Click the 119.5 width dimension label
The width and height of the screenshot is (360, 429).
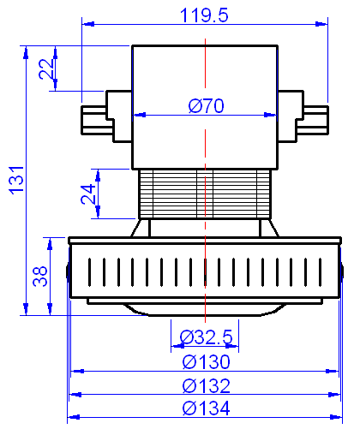tap(204, 15)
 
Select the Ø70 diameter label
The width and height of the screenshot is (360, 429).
tap(206, 106)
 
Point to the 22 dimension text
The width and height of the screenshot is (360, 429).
tap(46, 69)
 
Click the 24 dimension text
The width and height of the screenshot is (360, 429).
tap(88, 195)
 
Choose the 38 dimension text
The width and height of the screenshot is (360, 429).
tap(39, 276)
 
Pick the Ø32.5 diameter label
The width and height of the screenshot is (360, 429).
tap(206, 335)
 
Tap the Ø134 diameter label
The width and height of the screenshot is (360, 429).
tap(206, 408)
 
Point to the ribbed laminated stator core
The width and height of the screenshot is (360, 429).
tap(205, 193)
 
